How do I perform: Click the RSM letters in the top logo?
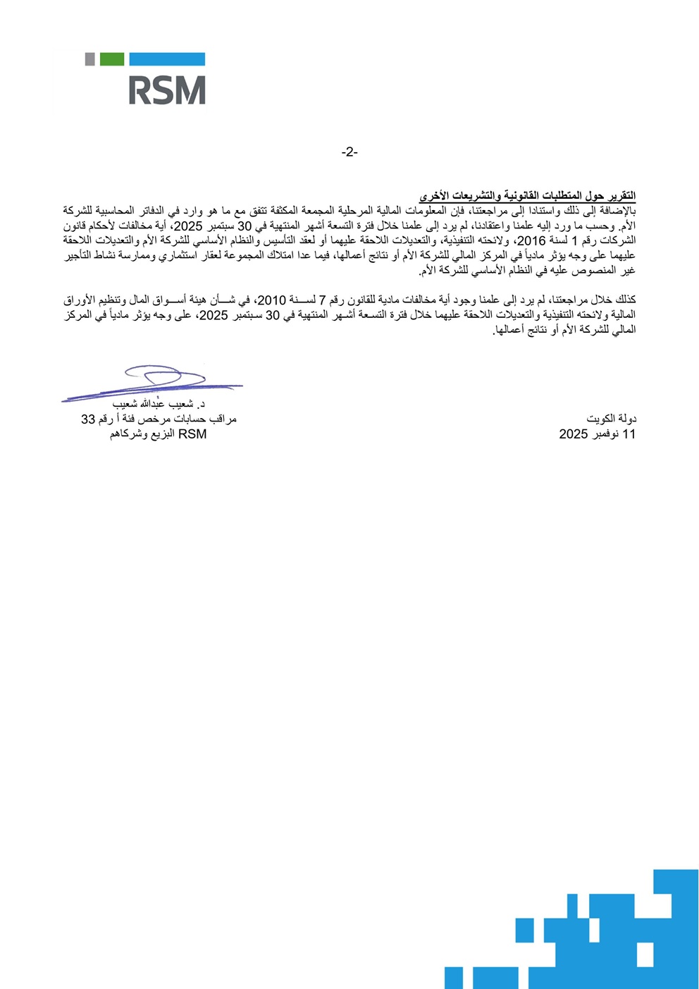(x=166, y=91)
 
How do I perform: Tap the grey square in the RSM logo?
(x=89, y=59)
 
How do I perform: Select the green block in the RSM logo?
(x=111, y=59)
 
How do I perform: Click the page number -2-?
(x=349, y=152)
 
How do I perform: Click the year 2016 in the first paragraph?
(x=532, y=241)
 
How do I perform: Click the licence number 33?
(x=87, y=419)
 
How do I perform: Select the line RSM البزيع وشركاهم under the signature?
(x=158, y=434)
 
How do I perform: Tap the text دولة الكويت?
(x=611, y=419)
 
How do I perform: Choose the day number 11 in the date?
(x=629, y=434)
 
